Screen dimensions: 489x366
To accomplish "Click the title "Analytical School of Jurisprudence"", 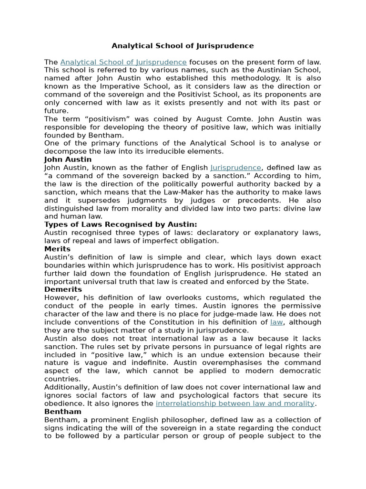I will [x=183, y=46].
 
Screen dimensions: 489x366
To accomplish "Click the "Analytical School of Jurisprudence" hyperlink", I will [x=123, y=62].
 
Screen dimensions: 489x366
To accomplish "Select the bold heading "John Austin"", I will [x=68, y=159].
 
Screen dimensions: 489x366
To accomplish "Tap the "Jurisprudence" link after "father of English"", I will [x=236, y=168].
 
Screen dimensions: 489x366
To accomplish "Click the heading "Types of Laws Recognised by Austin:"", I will [x=121, y=224].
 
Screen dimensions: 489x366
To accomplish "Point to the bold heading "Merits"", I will [x=57, y=249].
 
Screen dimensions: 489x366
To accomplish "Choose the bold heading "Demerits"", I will [x=63, y=289].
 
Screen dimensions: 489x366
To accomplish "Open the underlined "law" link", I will [x=276, y=322].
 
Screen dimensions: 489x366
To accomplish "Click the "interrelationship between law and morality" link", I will [x=235, y=403].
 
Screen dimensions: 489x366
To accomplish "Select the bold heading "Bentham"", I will [x=63, y=411].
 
